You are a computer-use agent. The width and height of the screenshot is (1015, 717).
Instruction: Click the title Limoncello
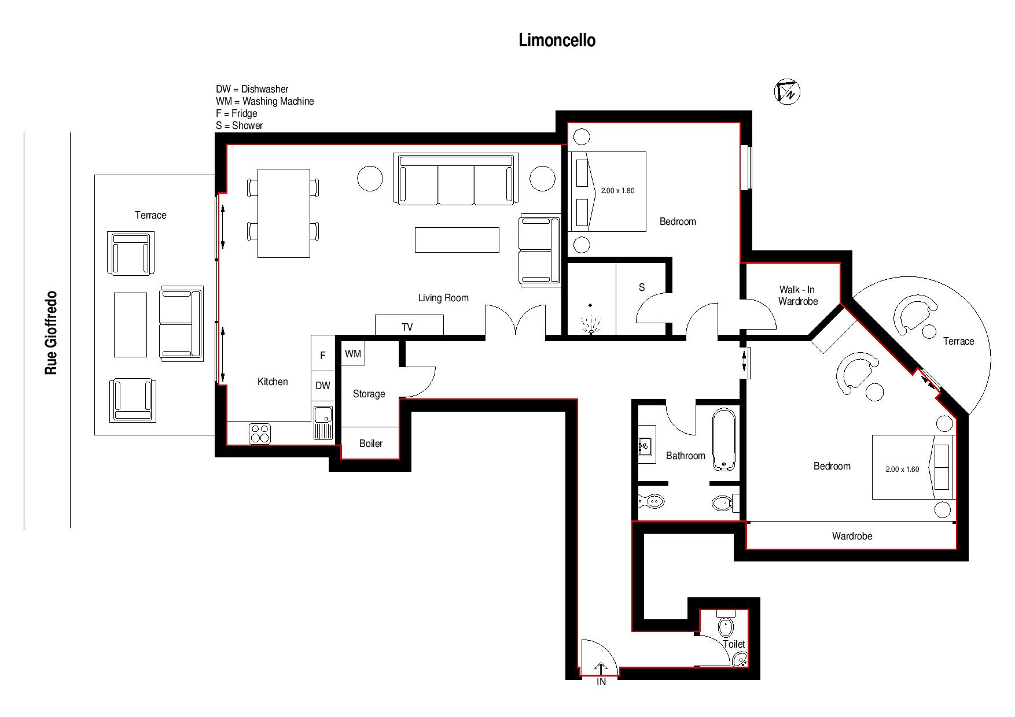click(x=557, y=40)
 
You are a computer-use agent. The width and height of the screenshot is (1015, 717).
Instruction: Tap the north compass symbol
click(x=787, y=91)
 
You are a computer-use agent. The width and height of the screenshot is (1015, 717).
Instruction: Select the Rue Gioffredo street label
click(x=52, y=332)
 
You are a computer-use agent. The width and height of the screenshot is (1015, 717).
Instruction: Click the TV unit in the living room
click(x=409, y=325)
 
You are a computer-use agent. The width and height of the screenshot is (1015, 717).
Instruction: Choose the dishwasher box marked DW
click(x=323, y=386)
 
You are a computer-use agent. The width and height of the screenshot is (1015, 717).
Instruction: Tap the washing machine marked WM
click(x=353, y=353)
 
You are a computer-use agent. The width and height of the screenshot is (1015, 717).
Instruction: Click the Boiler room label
click(x=371, y=443)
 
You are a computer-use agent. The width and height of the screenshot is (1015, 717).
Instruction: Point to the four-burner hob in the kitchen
click(x=260, y=434)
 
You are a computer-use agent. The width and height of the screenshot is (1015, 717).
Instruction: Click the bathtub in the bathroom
click(x=724, y=439)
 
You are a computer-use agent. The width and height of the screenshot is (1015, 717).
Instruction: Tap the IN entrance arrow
click(x=601, y=669)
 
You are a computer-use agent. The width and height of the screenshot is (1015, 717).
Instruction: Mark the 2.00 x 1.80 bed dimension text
click(x=617, y=191)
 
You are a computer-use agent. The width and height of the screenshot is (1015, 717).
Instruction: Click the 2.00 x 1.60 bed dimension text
click(x=902, y=470)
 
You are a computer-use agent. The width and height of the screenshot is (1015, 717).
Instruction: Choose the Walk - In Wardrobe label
click(x=797, y=295)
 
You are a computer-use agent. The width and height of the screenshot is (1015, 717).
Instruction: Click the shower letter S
click(x=641, y=287)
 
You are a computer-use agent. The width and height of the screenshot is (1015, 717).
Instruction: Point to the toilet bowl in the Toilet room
click(x=726, y=626)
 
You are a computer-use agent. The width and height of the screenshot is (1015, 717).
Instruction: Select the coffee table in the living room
click(x=457, y=240)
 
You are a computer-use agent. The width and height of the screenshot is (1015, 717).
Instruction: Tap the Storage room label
click(x=369, y=394)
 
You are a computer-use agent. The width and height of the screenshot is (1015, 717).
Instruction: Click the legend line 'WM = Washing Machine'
click(x=265, y=101)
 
